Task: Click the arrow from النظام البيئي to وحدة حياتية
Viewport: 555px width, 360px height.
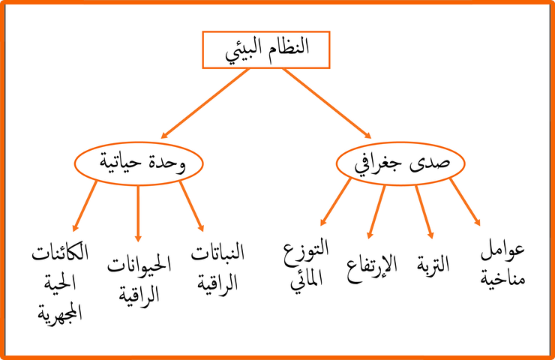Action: point(205,103)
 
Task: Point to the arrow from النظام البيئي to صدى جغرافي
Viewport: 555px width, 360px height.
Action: point(327,103)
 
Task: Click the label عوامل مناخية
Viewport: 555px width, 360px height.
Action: point(502,264)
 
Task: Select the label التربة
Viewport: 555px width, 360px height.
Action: point(433,265)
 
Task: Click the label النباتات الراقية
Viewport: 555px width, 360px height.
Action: point(217,266)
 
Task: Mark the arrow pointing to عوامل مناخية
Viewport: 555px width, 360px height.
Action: point(465,202)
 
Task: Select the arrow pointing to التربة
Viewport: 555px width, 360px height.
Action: point(424,212)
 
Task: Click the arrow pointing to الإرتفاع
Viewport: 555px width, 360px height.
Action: point(376,212)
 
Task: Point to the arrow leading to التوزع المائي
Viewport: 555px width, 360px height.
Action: point(335,202)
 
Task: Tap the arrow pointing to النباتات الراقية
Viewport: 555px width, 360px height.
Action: point(191,206)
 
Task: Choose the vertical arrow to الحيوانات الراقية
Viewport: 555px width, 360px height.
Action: point(138,214)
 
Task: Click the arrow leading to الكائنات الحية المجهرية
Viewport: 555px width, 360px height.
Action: point(85,206)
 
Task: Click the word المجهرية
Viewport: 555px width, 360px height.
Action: point(60,312)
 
